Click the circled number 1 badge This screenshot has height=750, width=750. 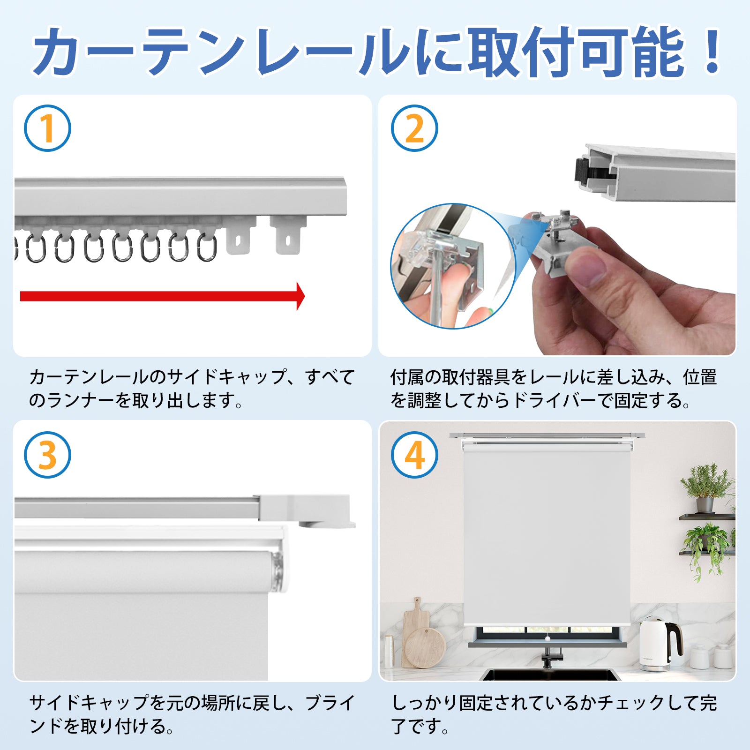point(47,128)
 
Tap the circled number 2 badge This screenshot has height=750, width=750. point(414,128)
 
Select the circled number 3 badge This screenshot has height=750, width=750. point(47,455)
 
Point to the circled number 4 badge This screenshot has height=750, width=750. point(414,455)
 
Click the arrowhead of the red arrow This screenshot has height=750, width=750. point(300,296)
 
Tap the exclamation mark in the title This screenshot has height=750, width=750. point(712,52)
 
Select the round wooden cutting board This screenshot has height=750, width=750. point(424,647)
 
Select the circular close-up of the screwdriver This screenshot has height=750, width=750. point(453,266)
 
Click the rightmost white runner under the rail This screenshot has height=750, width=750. point(288,234)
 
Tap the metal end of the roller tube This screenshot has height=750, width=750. point(278,572)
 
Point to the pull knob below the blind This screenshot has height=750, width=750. point(547,638)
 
